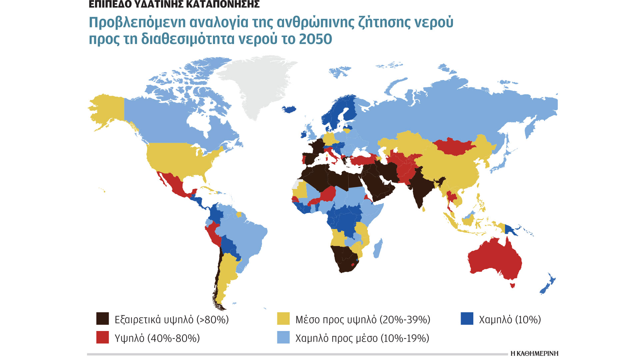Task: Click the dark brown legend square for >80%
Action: click(102, 319)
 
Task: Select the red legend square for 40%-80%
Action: click(102, 337)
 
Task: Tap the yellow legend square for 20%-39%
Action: click(283, 319)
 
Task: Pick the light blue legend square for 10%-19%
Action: click(283, 337)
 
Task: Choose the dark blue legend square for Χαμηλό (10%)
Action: click(467, 319)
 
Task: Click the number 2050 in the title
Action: click(315, 39)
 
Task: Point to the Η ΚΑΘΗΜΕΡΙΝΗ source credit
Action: click(534, 353)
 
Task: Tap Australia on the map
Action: click(495, 260)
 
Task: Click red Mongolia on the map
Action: click(453, 147)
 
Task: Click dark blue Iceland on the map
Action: click(289, 109)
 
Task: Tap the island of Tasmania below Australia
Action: click(513, 285)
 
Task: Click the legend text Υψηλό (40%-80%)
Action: click(157, 338)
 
